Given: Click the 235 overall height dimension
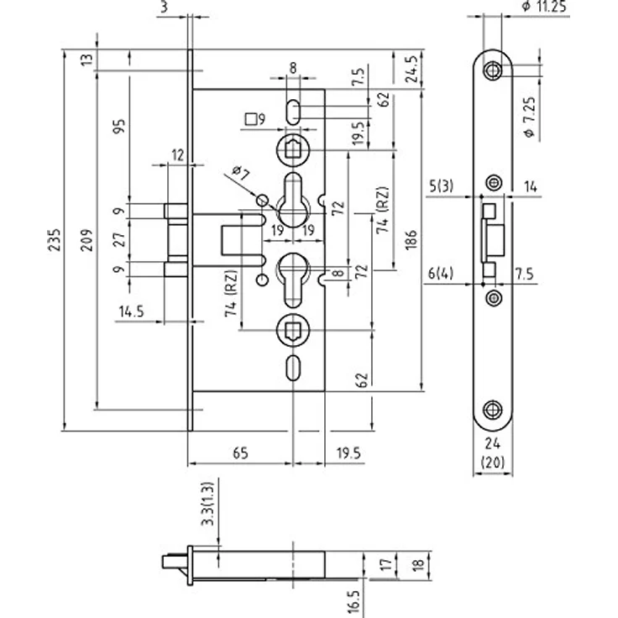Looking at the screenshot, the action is point(55,239).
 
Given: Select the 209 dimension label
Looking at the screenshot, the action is point(86,239).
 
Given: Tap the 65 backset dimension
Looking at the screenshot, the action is point(240,453).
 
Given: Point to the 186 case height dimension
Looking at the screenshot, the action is point(411,239).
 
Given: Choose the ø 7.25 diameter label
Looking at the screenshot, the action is point(530,117).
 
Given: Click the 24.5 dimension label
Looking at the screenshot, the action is point(412,70).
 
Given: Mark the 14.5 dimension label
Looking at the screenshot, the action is point(132,312).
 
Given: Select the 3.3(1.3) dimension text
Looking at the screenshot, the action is point(207,504).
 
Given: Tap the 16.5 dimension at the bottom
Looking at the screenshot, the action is point(354,602).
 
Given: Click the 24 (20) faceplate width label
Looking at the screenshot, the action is point(493,453).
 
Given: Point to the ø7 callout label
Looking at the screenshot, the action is point(241,173).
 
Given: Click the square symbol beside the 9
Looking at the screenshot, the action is point(250,119).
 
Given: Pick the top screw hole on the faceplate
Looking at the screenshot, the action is point(492,71).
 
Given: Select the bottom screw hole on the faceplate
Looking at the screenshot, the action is point(493,411).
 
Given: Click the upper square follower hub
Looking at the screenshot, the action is point(293,150).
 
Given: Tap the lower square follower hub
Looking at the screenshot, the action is point(293,330).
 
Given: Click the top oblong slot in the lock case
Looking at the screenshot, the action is point(293,112).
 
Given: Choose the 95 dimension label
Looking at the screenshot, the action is point(119,126).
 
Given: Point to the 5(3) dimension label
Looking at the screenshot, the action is point(441,186).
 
